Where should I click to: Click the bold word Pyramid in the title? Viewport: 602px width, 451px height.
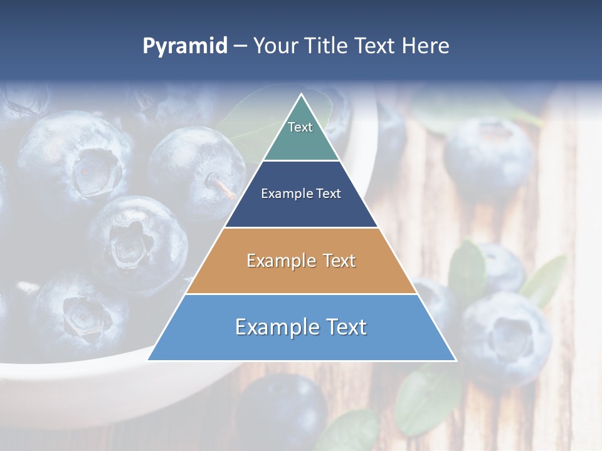coord(185,46)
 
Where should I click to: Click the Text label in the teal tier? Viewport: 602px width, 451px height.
coord(300,127)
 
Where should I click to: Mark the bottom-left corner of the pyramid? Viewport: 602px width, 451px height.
coord(149,360)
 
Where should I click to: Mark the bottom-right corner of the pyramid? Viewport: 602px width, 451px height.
coord(455,360)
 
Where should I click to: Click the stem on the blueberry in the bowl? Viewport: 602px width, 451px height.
coord(223,187)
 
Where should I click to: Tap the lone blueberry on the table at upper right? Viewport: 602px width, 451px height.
coord(488,157)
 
